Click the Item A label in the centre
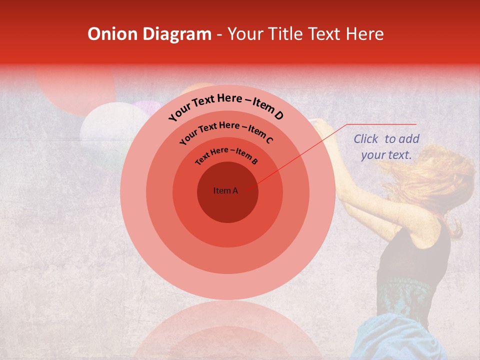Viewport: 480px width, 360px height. (x=225, y=190)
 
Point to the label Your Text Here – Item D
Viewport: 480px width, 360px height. (x=226, y=105)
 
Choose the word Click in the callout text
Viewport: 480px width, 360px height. (x=367, y=139)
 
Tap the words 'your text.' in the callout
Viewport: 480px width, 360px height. (x=386, y=155)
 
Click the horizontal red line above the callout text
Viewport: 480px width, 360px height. (x=382, y=124)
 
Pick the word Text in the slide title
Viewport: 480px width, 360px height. (x=323, y=34)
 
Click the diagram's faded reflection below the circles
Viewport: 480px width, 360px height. (x=227, y=330)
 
